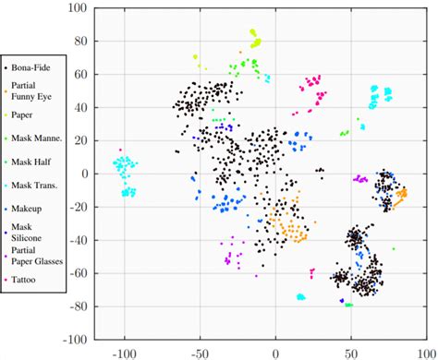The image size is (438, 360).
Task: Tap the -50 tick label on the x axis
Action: point(199,352)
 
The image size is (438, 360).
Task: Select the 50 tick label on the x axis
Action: point(351,352)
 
